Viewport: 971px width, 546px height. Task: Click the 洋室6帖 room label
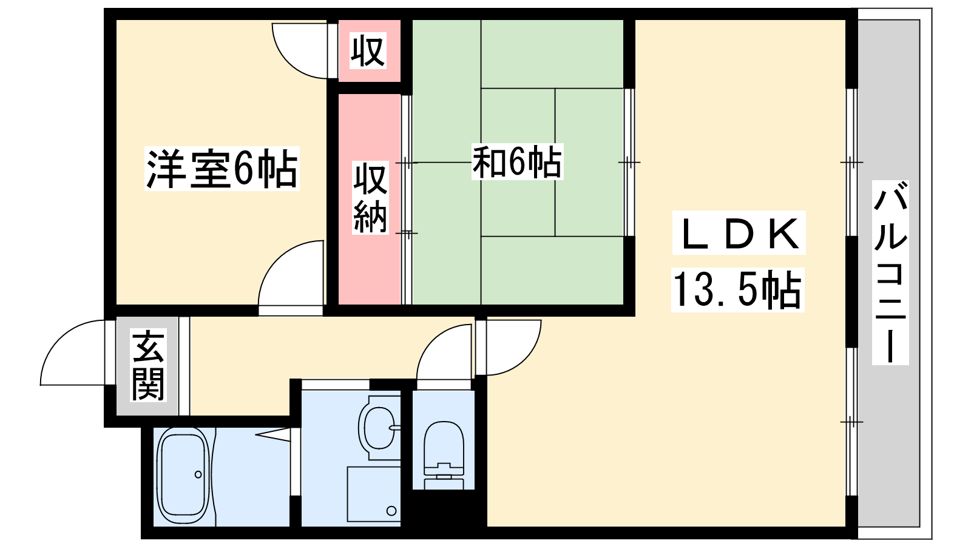pos(222,169)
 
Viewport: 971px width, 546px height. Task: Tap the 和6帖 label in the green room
pos(517,163)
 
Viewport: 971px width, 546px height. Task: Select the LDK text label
pos(739,233)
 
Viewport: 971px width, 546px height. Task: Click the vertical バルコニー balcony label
pos(890,272)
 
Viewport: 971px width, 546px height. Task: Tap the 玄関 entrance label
pos(148,365)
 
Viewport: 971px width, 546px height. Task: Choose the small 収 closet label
pos(368,52)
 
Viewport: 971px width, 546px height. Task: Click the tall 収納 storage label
pos(370,198)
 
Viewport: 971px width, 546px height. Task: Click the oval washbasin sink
pos(379,428)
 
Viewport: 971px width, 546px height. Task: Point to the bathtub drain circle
pos(198,474)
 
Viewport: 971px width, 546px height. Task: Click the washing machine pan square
pos(374,494)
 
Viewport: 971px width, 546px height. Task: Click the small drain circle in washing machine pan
pos(391,511)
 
